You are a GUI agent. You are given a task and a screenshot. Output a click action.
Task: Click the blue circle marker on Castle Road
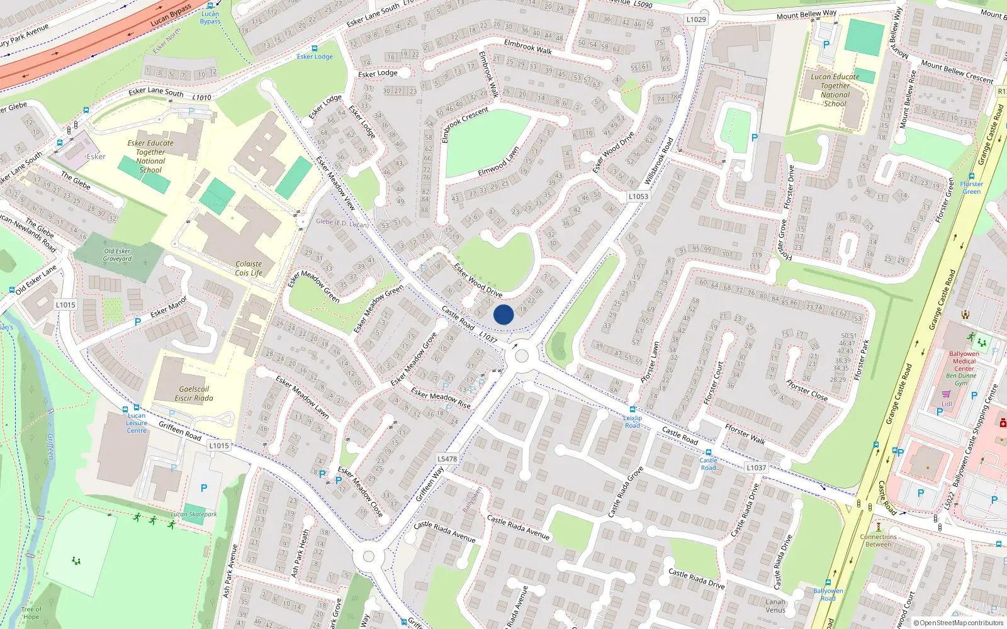coord(503,314)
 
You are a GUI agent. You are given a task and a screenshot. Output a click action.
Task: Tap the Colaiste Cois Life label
coord(249,269)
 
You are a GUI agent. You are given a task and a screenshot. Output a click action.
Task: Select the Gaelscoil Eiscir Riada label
coord(194,394)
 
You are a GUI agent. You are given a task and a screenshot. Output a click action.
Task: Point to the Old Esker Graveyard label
coord(118,255)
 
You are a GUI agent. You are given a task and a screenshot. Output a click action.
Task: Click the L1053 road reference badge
coord(638,196)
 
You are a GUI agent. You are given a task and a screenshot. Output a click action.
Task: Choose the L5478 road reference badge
coord(447,459)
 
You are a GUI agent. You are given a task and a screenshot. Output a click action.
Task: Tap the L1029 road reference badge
coord(696,19)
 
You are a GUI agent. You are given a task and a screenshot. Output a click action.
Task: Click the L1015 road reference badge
coord(65,305)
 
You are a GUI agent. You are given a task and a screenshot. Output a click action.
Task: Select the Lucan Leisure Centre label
coord(137,423)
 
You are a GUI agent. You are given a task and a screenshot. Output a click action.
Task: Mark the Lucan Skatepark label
coord(194,514)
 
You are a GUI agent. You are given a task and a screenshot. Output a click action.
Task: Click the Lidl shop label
coord(947,404)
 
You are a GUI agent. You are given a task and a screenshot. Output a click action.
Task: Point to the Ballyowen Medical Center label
coord(964,362)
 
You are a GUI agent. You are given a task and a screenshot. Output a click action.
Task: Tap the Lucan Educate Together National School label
coord(835,90)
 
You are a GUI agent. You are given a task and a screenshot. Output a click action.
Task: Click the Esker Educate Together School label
coord(150,156)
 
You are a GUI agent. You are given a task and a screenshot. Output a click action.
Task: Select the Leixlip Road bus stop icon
coord(633,409)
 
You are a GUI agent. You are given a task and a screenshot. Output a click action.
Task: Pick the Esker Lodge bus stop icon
coord(315,48)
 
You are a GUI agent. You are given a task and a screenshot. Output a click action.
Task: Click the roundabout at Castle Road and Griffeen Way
coord(522,356)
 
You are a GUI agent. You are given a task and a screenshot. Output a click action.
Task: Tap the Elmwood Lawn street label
coord(498,161)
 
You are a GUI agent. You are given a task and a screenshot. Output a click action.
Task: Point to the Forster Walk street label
coord(745,434)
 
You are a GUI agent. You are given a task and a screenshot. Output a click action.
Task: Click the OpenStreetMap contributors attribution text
coord(959,623)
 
